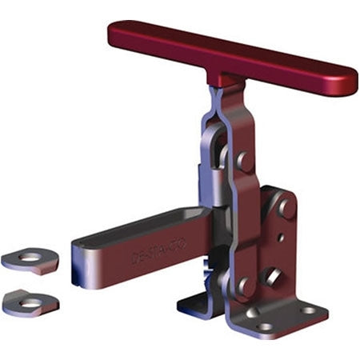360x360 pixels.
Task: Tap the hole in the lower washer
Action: click(x=30, y=302)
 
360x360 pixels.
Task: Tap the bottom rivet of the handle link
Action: click(x=243, y=285)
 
